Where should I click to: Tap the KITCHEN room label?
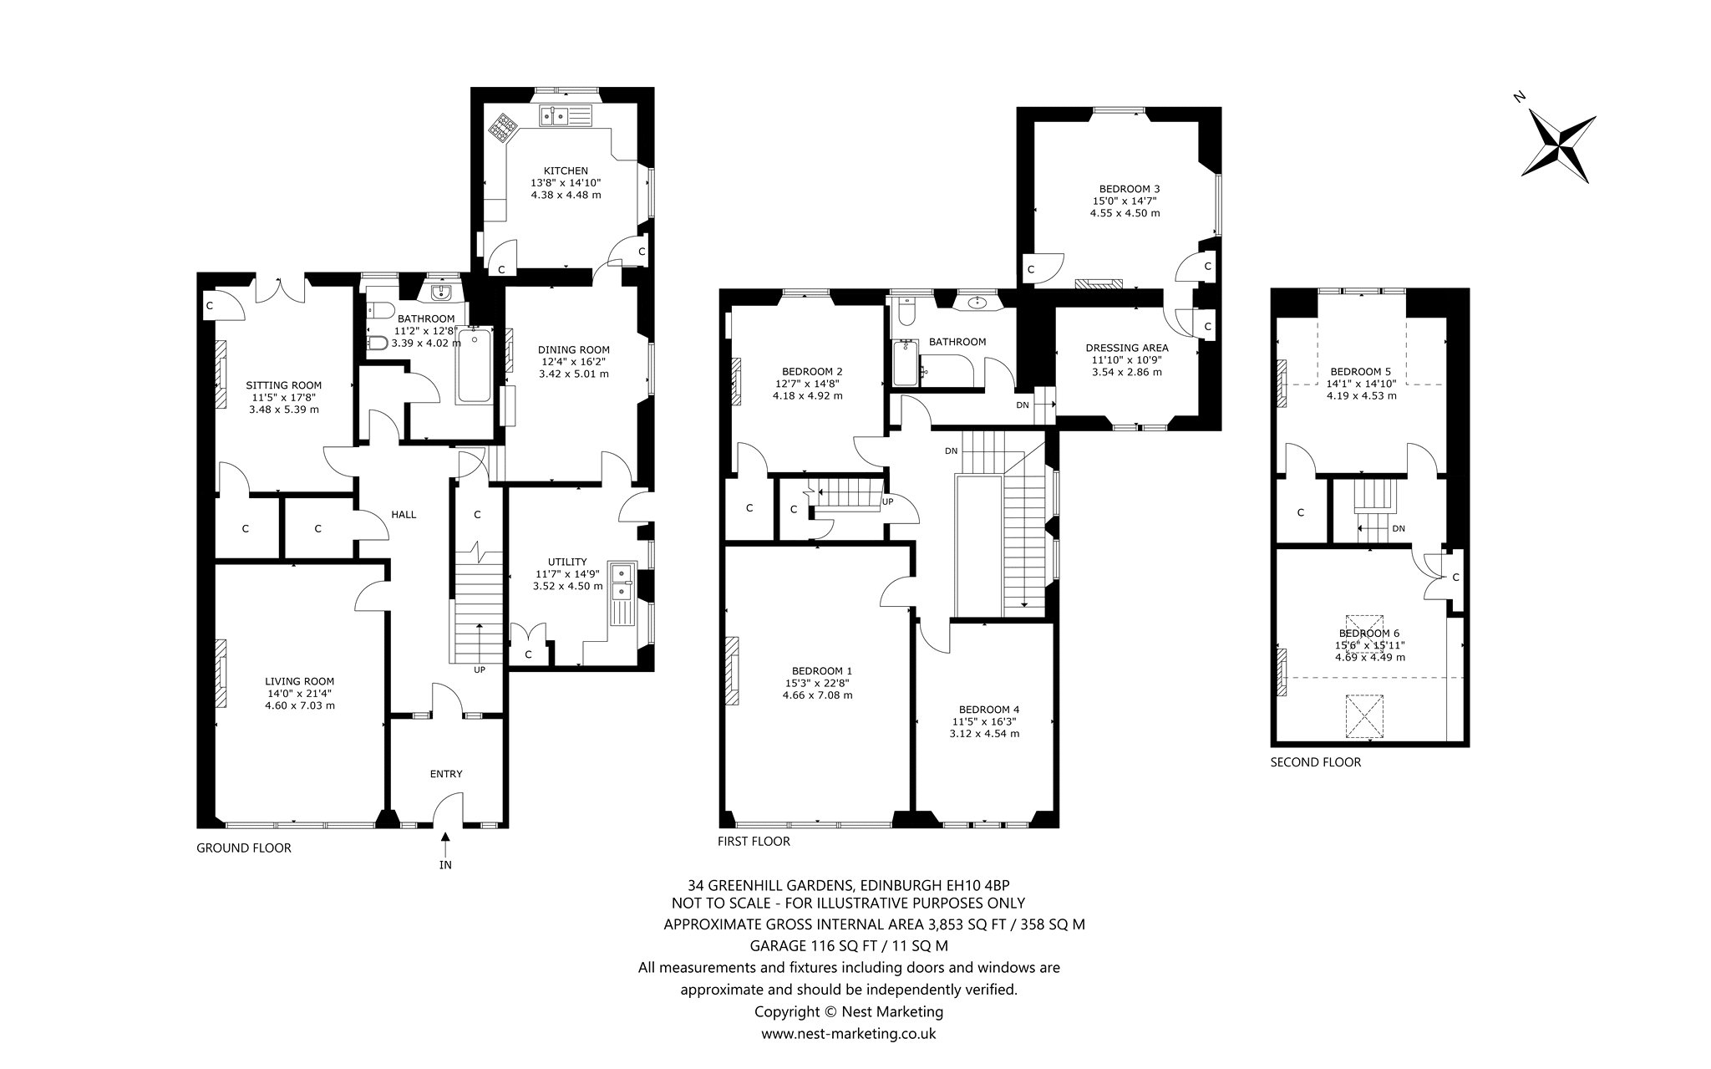click(566, 171)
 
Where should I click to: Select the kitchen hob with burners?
click(505, 127)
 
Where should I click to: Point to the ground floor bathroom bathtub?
click(475, 366)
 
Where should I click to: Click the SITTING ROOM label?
click(283, 385)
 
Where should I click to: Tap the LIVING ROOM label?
click(300, 681)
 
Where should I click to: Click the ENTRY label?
click(446, 774)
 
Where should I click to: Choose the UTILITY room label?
click(567, 562)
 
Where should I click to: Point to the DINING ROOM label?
click(573, 350)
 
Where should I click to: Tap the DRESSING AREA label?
click(1127, 348)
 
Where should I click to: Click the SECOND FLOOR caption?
click(1316, 762)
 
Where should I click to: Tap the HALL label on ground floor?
click(404, 515)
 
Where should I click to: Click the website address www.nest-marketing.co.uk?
click(848, 1034)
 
